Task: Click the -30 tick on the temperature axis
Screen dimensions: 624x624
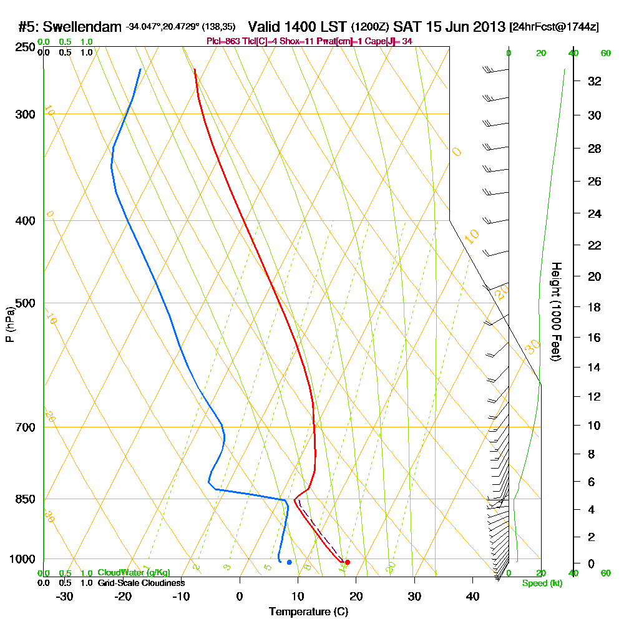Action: [x=65, y=596]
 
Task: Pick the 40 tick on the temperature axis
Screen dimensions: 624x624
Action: [x=472, y=596]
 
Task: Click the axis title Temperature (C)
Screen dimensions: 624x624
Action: [x=308, y=612]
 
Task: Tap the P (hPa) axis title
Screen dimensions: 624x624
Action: [x=9, y=324]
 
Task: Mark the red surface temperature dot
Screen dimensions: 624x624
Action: [x=348, y=562]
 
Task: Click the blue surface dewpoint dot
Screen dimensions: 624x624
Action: [x=289, y=562]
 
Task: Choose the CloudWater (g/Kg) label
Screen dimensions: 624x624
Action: [x=134, y=572]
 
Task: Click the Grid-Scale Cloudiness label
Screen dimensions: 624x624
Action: [x=141, y=583]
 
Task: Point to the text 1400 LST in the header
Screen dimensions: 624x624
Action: [x=297, y=27]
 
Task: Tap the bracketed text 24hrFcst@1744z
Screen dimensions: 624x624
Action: [x=554, y=27]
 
